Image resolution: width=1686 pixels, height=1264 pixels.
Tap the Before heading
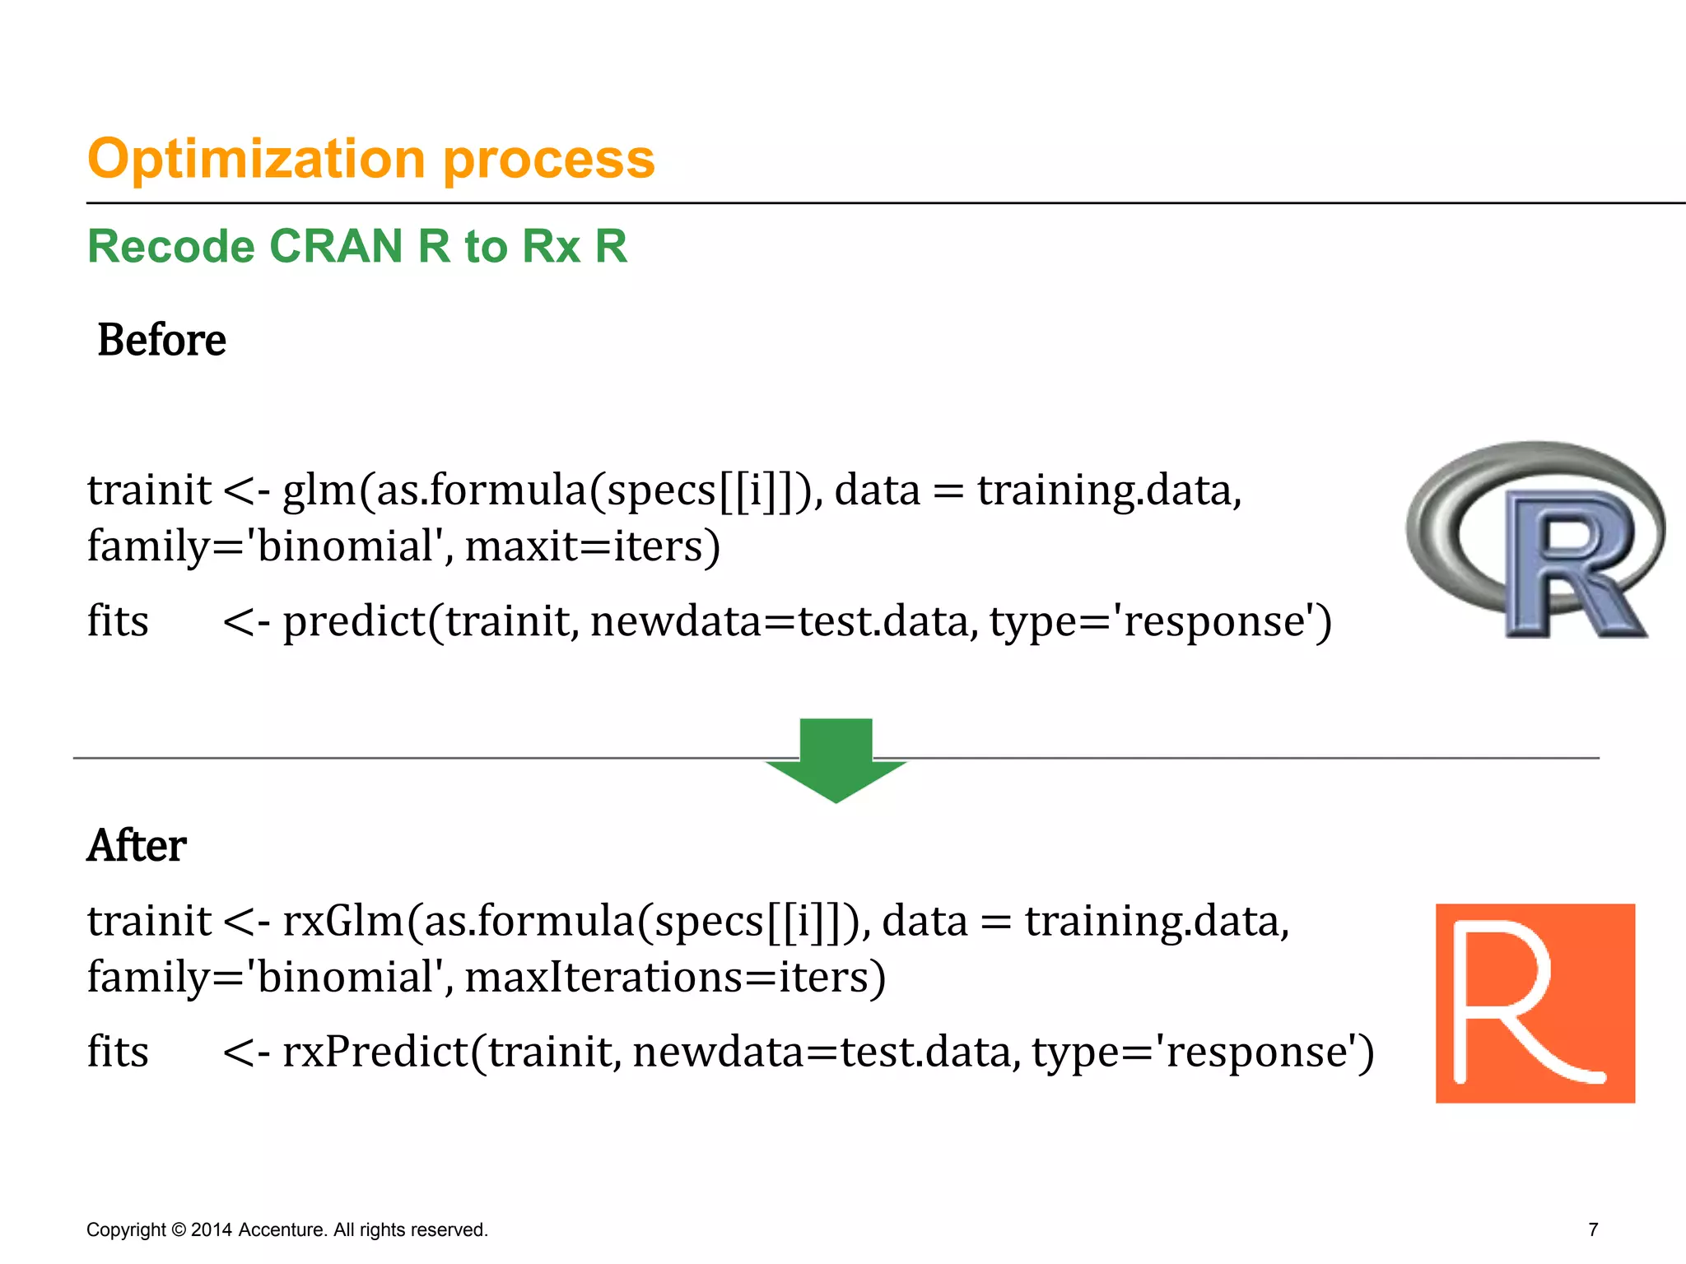[x=161, y=340]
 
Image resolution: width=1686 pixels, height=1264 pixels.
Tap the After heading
[x=137, y=845]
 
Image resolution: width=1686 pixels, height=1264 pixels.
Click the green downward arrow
[x=836, y=759]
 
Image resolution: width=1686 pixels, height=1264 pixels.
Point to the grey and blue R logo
[x=1535, y=540]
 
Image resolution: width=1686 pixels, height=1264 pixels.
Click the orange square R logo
[x=1535, y=1003]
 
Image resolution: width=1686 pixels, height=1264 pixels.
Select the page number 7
[x=1593, y=1229]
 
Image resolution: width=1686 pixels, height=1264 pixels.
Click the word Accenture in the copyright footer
[x=283, y=1229]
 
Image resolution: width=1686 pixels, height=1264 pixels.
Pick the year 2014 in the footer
[x=211, y=1229]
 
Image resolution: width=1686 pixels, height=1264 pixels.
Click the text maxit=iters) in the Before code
[x=593, y=546]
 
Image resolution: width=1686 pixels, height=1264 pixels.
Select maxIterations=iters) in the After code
[x=675, y=977]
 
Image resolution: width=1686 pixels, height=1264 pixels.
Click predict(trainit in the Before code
[x=430, y=621]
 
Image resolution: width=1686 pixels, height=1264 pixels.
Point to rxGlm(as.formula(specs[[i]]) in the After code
[x=576, y=921]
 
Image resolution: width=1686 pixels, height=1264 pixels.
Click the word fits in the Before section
[x=118, y=621]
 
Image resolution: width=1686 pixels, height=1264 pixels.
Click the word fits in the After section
[x=118, y=1052]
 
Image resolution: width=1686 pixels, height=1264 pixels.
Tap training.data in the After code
[x=1156, y=921]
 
